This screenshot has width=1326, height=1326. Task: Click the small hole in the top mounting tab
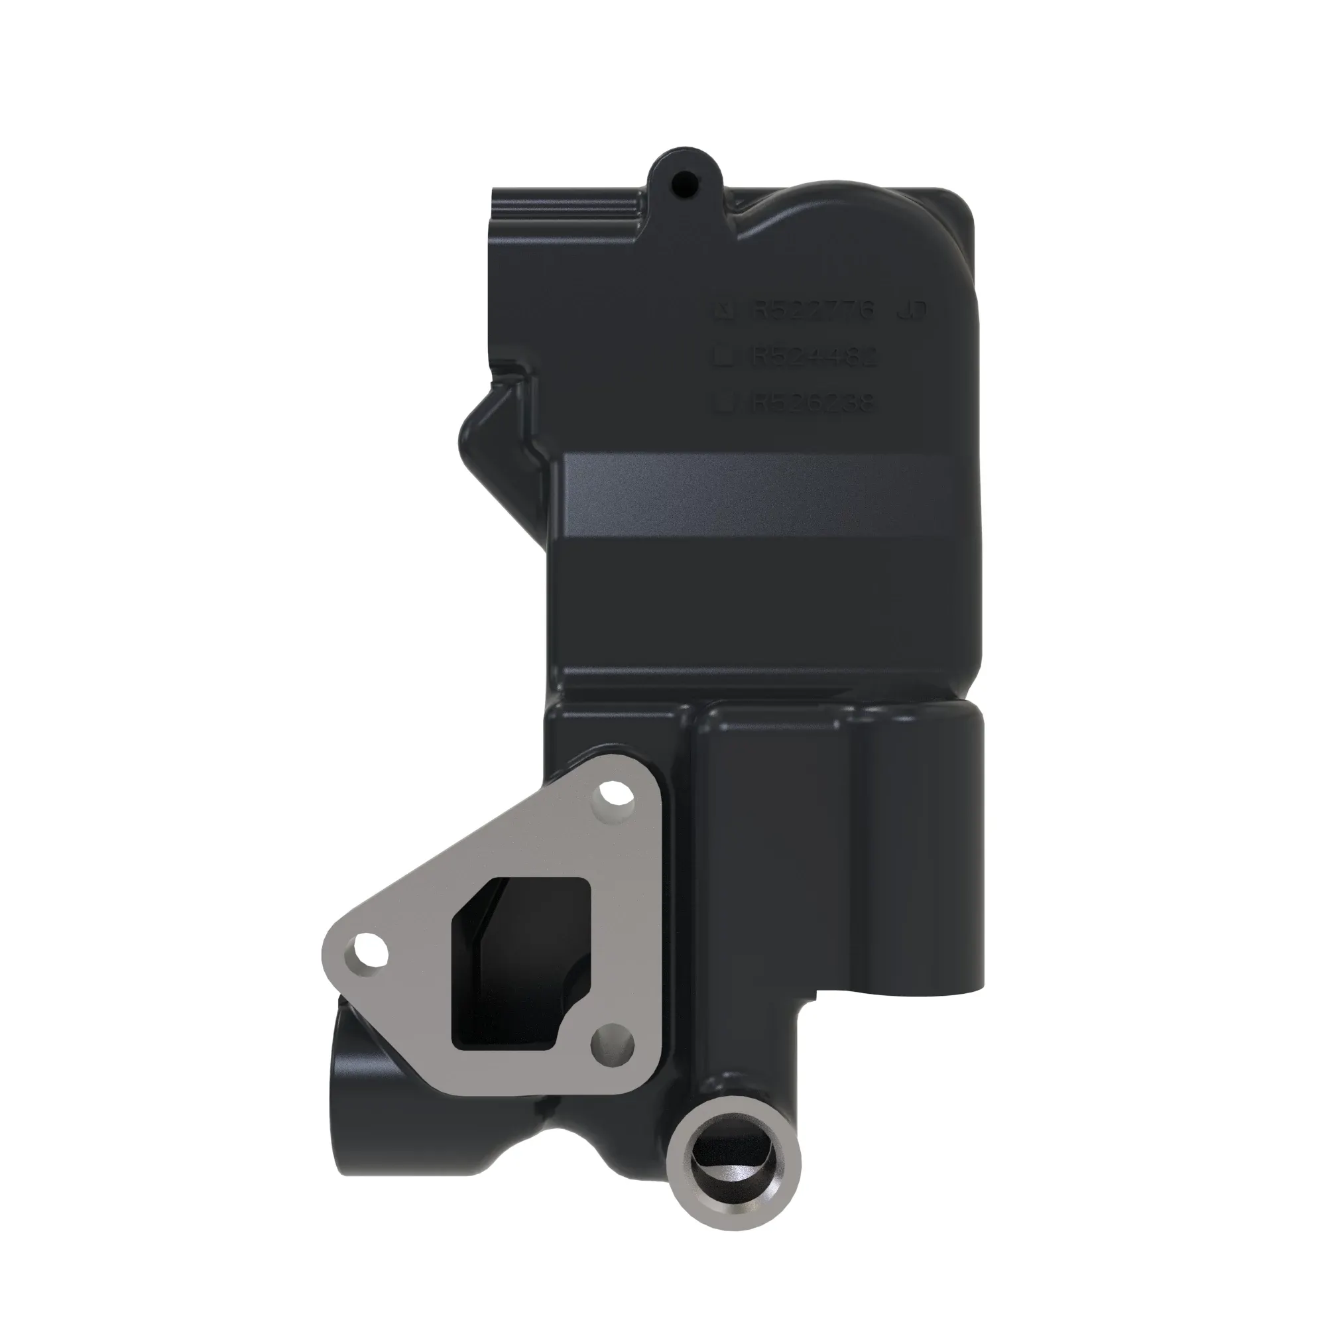[x=684, y=182]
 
